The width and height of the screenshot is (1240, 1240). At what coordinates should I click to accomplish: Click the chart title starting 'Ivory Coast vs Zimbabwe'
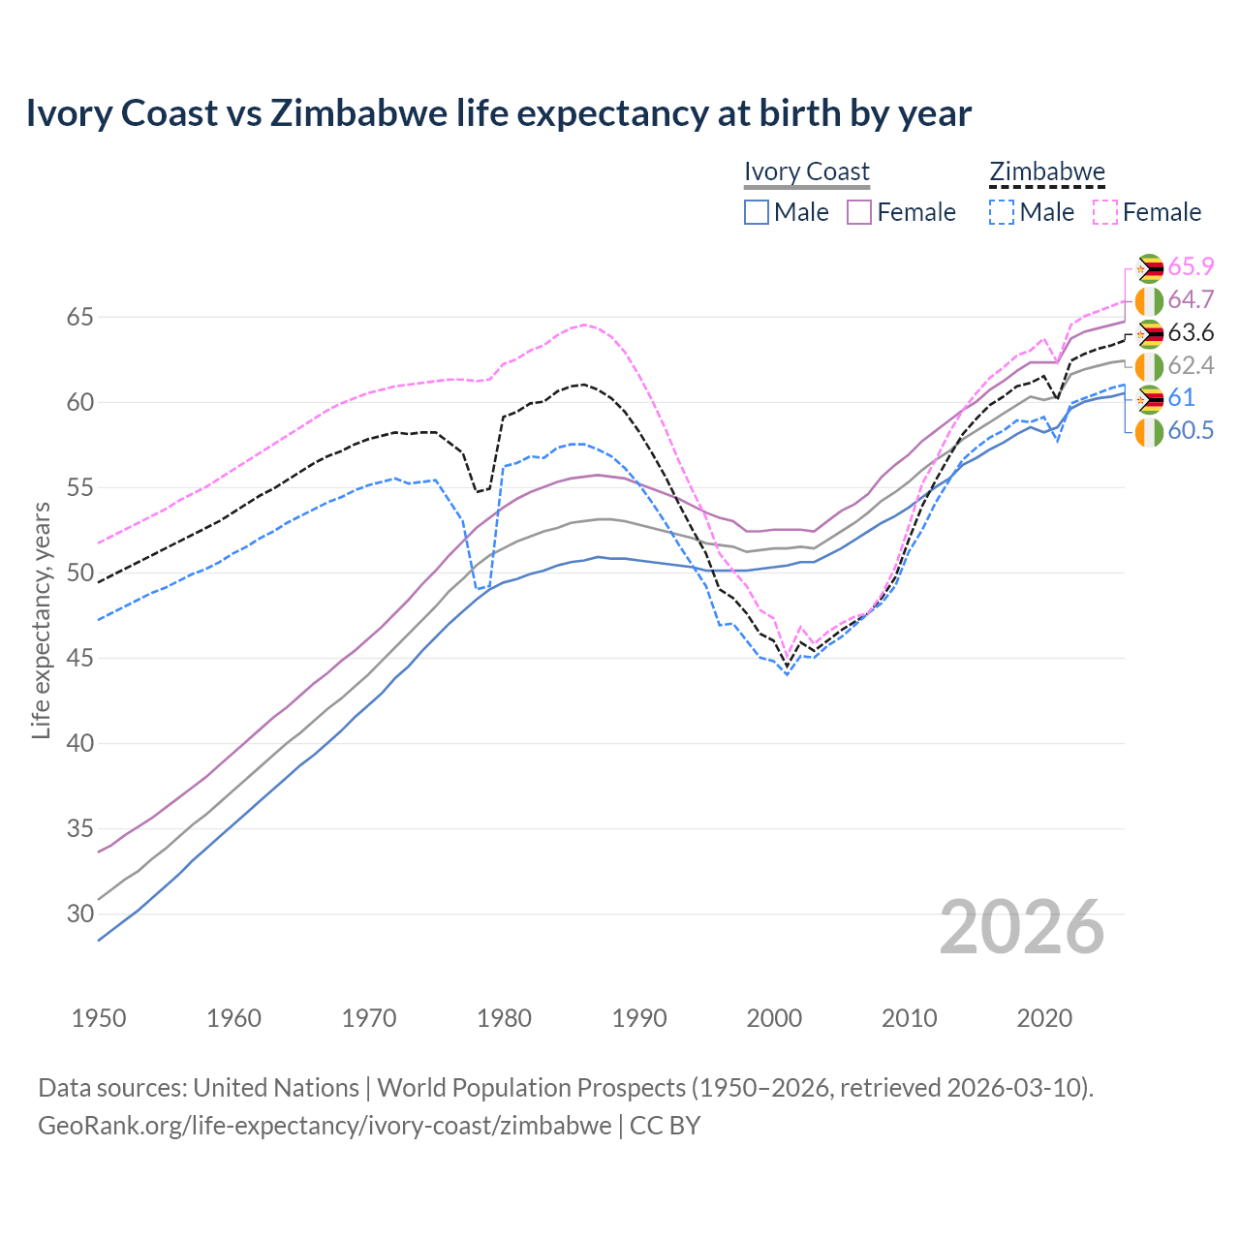click(498, 113)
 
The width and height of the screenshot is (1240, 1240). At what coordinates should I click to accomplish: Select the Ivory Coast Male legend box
click(757, 212)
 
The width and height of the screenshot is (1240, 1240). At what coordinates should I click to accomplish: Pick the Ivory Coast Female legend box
click(859, 212)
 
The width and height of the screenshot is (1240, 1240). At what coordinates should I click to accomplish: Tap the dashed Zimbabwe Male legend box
click(1002, 212)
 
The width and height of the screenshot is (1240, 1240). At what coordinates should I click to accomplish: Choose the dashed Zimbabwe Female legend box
click(1104, 212)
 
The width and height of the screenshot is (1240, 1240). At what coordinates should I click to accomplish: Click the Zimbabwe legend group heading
click(1046, 172)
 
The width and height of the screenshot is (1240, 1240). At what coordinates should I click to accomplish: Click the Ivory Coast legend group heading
click(807, 172)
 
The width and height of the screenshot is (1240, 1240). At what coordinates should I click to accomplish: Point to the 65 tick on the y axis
click(80, 317)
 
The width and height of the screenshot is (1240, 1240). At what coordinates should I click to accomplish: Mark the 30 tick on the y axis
click(80, 914)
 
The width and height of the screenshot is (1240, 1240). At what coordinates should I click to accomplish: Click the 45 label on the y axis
click(80, 658)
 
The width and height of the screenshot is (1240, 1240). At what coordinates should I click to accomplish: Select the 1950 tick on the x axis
click(99, 1018)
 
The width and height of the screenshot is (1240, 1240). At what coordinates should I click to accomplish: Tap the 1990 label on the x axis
click(639, 1018)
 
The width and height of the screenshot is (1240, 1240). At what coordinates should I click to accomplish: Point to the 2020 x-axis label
click(1044, 1018)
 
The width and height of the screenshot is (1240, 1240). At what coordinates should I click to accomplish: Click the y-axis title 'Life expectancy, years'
click(41, 620)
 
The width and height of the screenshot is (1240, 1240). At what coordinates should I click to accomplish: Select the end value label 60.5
click(1191, 431)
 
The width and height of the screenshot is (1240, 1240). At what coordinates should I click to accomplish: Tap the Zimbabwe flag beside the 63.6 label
click(1149, 334)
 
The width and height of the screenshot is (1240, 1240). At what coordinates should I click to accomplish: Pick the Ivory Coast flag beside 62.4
click(1149, 367)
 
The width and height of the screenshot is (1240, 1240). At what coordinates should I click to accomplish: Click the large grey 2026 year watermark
click(1022, 927)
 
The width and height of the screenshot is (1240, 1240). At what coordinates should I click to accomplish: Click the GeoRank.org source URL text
click(325, 1126)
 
